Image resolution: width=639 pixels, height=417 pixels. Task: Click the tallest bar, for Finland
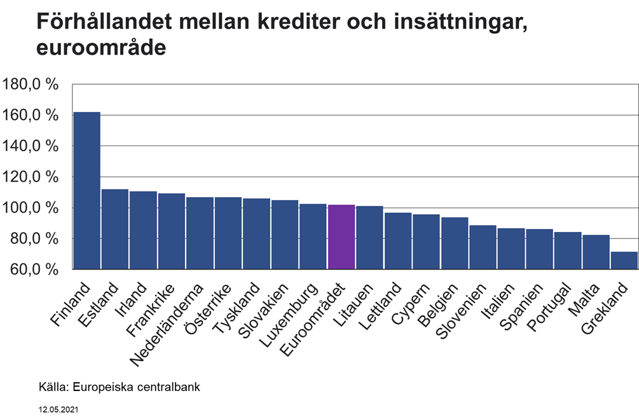86,191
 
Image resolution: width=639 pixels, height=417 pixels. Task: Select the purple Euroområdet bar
341,237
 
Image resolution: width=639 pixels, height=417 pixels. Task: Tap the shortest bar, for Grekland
624,261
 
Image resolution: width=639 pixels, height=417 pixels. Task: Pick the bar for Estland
115,229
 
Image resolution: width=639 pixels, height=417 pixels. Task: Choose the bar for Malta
596,252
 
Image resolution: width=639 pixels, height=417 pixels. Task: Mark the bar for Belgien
455,243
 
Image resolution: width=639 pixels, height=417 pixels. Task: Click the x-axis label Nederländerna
167,325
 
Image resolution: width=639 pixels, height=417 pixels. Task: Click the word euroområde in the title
102,48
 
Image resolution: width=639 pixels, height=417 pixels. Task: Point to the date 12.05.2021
59,411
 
